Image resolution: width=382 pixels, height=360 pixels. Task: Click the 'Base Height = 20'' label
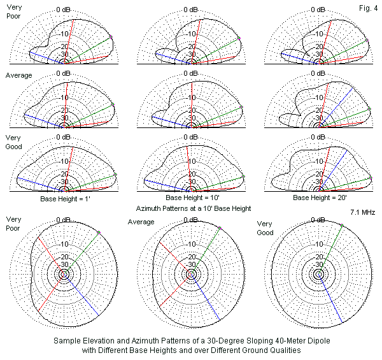coord(319,198)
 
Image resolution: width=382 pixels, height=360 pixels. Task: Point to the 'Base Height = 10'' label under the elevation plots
coord(192,198)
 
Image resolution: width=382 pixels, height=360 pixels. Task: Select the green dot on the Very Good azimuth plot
coord(342,225)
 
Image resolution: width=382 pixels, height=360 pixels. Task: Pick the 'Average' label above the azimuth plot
coord(141,222)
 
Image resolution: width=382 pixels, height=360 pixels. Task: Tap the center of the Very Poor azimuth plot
coord(64,275)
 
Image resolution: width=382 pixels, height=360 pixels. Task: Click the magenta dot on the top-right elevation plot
coord(368,40)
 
